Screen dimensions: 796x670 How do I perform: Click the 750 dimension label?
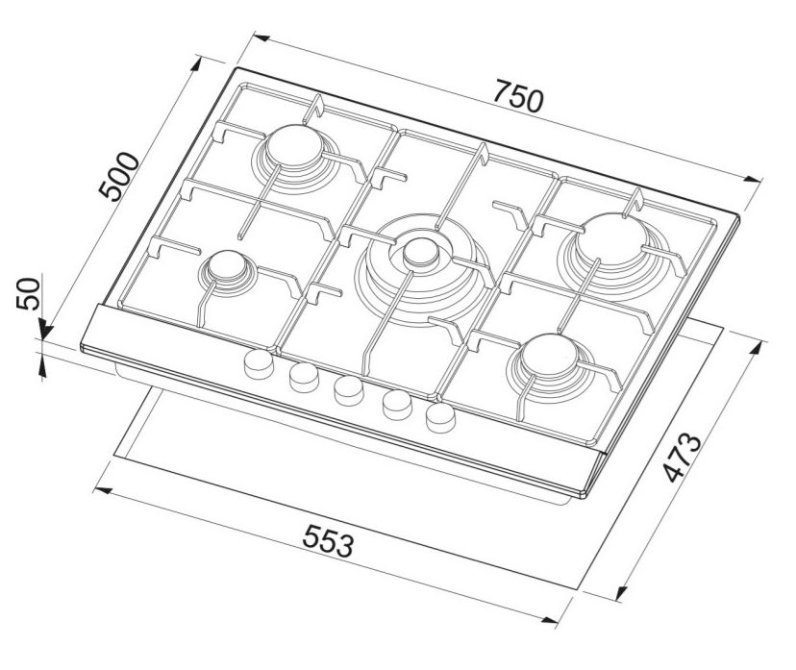point(519,95)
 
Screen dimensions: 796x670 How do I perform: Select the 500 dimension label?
point(119,176)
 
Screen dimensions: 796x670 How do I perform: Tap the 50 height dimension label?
point(28,293)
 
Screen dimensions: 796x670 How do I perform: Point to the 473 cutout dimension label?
point(682,458)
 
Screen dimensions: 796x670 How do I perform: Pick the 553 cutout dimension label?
point(328,541)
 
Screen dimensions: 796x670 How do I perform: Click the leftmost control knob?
point(259,364)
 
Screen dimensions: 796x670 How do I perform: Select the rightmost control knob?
point(440,418)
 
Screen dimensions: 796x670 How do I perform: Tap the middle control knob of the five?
point(349,391)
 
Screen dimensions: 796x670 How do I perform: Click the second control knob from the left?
point(304,378)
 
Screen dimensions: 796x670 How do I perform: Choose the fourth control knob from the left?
point(397,405)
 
